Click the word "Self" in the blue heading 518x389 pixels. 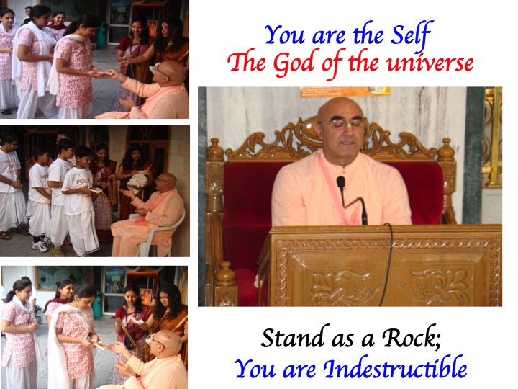pyautogui.click(x=411, y=35)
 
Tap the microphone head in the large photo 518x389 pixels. pyautogui.click(x=341, y=182)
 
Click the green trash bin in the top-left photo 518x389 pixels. pyautogui.click(x=102, y=35)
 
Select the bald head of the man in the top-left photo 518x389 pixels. pyautogui.click(x=171, y=71)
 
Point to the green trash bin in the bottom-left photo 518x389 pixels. pyautogui.click(x=97, y=304)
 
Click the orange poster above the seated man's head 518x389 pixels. pyautogui.click(x=345, y=91)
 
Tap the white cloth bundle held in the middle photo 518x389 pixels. pyautogui.click(x=139, y=180)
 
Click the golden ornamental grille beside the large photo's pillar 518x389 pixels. pyautogui.click(x=494, y=135)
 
